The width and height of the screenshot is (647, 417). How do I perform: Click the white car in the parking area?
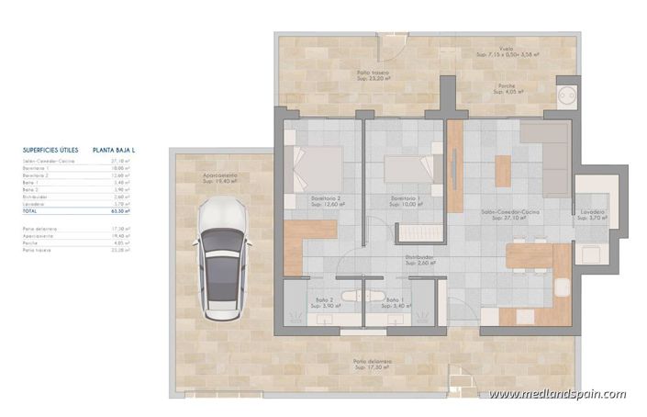(220, 255)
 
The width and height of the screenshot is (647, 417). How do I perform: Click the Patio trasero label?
(374, 75)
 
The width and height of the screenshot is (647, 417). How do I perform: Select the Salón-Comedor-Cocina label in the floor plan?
(510, 215)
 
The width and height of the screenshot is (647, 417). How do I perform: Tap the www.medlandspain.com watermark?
(557, 394)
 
